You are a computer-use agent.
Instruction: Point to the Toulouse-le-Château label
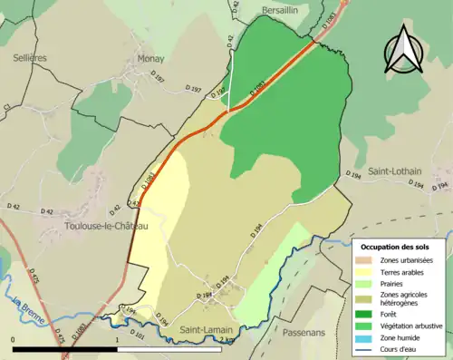tap(105, 226)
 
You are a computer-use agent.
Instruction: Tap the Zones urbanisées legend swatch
tap(368, 260)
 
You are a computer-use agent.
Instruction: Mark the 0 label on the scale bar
tap(13, 340)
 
